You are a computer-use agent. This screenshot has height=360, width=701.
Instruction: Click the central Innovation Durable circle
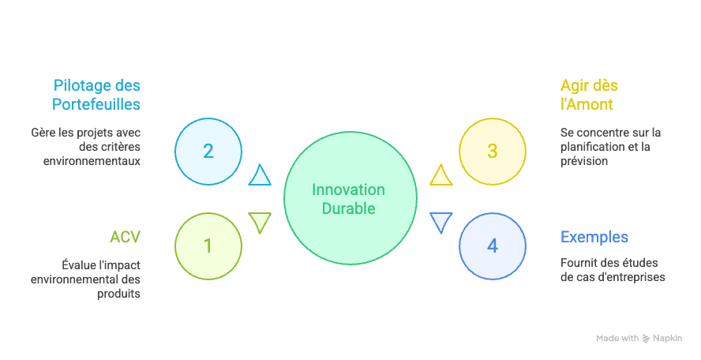349,199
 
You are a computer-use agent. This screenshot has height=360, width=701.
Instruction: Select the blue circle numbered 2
208,152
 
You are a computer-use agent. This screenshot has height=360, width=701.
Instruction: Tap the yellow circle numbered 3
493,152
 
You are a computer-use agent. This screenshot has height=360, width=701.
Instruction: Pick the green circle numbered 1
208,246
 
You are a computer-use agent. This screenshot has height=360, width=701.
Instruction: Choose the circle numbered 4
493,246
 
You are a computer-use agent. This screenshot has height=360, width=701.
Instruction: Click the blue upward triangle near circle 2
260,176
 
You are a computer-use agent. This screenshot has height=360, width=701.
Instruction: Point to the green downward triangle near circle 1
260,222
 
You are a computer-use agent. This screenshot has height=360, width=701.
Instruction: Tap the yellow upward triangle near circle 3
440,176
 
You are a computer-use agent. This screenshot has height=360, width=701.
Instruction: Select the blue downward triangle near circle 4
440,222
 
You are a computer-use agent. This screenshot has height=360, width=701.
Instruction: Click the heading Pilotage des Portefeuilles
96,95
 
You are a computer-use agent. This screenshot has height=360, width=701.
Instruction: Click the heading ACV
125,237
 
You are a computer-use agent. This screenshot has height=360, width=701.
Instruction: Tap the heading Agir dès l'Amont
587,95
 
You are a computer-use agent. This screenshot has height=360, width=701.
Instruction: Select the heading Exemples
594,237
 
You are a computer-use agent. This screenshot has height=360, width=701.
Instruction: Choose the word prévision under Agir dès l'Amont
584,161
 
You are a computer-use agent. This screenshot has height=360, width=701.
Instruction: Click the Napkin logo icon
647,338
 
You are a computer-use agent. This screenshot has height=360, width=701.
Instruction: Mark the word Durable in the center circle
348,209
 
